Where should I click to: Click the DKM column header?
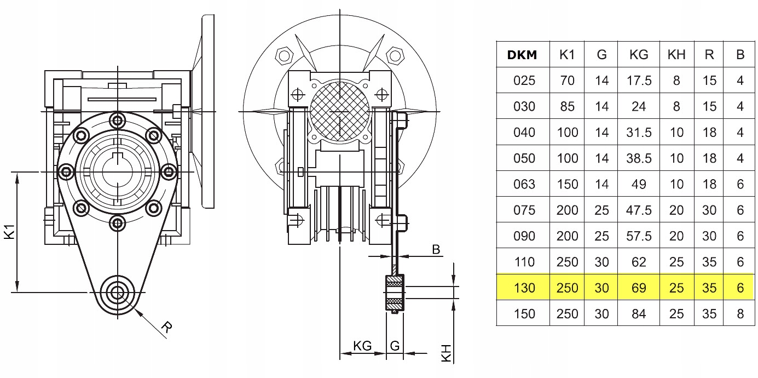point(522,55)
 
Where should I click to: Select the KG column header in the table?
point(639,55)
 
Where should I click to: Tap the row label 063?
point(524,184)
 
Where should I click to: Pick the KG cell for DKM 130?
point(639,288)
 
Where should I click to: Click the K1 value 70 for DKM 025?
point(567,81)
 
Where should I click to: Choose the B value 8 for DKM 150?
point(740,314)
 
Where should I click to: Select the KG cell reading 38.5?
point(639,158)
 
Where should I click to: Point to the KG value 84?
point(639,314)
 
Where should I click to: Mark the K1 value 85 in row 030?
point(567,106)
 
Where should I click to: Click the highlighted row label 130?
point(524,288)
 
